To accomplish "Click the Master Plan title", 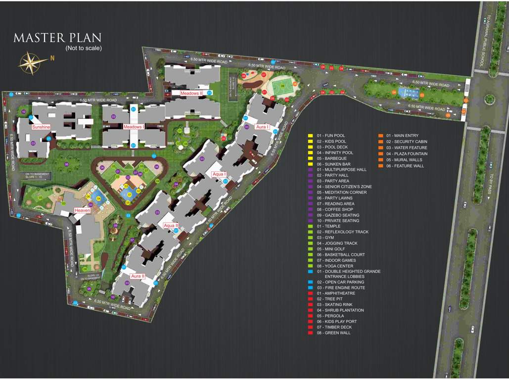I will click(57, 38).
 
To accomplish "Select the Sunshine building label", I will click(41, 127).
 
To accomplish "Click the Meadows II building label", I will click(190, 93).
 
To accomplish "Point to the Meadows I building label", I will click(133, 127).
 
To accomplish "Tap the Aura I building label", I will click(262, 127).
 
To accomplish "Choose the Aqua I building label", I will click(219, 174).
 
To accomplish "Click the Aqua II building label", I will click(171, 226).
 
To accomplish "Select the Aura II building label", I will click(137, 276).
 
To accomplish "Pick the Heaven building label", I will click(82, 211).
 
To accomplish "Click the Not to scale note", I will click(84, 48).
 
